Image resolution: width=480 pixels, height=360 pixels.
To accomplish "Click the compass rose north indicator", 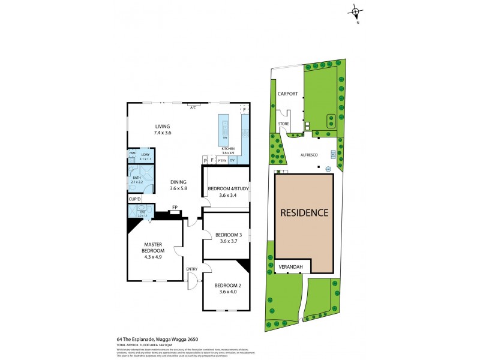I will click(357, 12).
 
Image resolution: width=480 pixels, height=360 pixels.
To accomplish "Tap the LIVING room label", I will click(163, 127).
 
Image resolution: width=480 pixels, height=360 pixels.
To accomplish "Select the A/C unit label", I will click(193, 108).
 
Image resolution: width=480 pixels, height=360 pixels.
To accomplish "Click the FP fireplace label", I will click(175, 208).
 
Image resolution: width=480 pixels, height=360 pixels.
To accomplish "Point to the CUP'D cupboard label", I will click(134, 199).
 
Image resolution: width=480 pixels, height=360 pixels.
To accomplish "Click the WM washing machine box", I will click(132, 154).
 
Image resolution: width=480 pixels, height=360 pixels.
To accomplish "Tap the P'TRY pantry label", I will click(221, 161).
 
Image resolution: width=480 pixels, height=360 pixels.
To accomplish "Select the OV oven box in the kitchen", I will click(232, 161).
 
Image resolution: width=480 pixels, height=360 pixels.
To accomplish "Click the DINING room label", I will click(178, 182).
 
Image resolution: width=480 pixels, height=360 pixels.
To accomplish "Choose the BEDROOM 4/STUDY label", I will click(228, 189).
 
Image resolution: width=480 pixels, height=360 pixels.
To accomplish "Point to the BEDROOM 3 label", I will click(228, 235).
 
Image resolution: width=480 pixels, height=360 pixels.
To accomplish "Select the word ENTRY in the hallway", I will click(192, 269).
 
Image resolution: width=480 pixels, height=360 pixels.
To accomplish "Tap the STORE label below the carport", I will click(283, 124).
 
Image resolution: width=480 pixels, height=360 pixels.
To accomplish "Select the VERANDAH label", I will click(290, 267).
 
